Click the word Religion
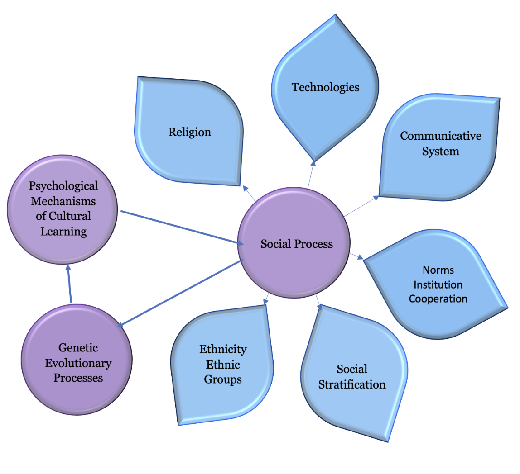pyautogui.click(x=190, y=132)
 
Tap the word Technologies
pyautogui.click(x=325, y=87)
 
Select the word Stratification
pyautogui.click(x=352, y=384)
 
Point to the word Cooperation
pyautogui.click(x=438, y=299)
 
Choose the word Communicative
pyautogui.click(x=440, y=136)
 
